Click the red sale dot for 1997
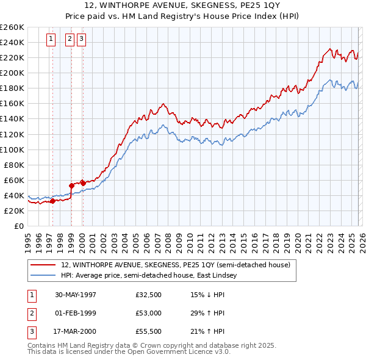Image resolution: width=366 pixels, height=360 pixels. (x=52, y=201)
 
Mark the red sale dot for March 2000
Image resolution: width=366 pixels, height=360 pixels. (x=83, y=183)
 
